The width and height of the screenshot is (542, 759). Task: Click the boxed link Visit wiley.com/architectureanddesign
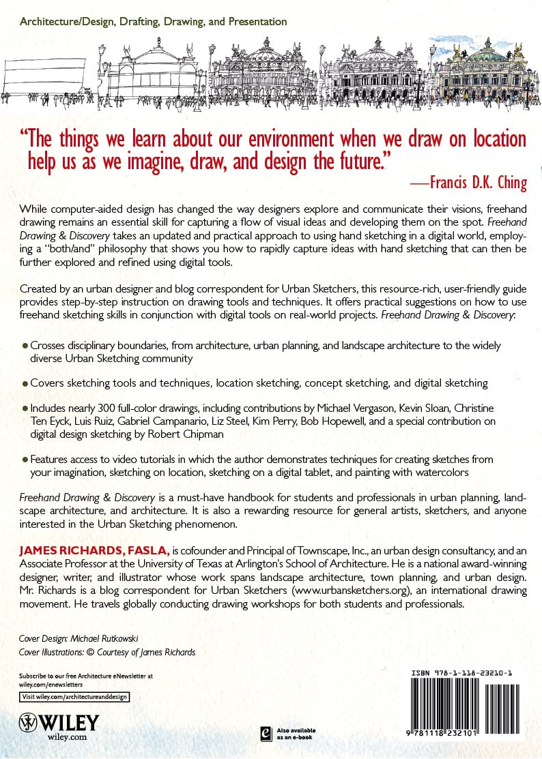74,697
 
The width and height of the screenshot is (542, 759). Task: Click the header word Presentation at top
255,22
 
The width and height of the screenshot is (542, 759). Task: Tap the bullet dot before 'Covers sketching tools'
25,384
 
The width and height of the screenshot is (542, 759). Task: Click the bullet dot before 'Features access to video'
25,460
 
